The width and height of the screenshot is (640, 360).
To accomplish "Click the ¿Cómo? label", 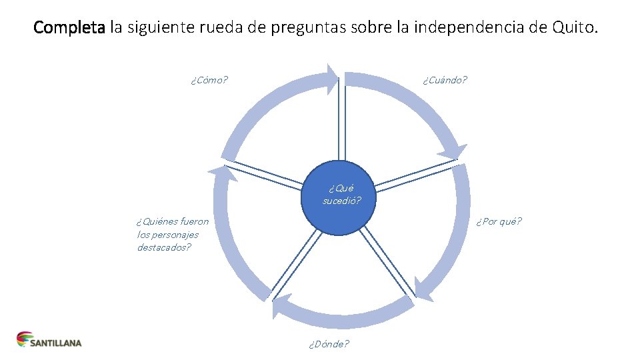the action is coord(209,81).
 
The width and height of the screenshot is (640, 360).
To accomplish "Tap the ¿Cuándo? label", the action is coord(445,80).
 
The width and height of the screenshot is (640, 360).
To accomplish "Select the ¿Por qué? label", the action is coord(499,221).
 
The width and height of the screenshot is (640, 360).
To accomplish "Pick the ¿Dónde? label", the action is coord(328,344).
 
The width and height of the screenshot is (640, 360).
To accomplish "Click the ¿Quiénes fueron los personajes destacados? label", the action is coord(172,234).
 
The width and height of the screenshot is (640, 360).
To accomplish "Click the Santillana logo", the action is coord(49,340).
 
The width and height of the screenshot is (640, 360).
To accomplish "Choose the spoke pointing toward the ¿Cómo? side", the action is coord(267,171).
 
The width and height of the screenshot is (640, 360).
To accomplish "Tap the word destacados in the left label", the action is coord(164,247).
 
